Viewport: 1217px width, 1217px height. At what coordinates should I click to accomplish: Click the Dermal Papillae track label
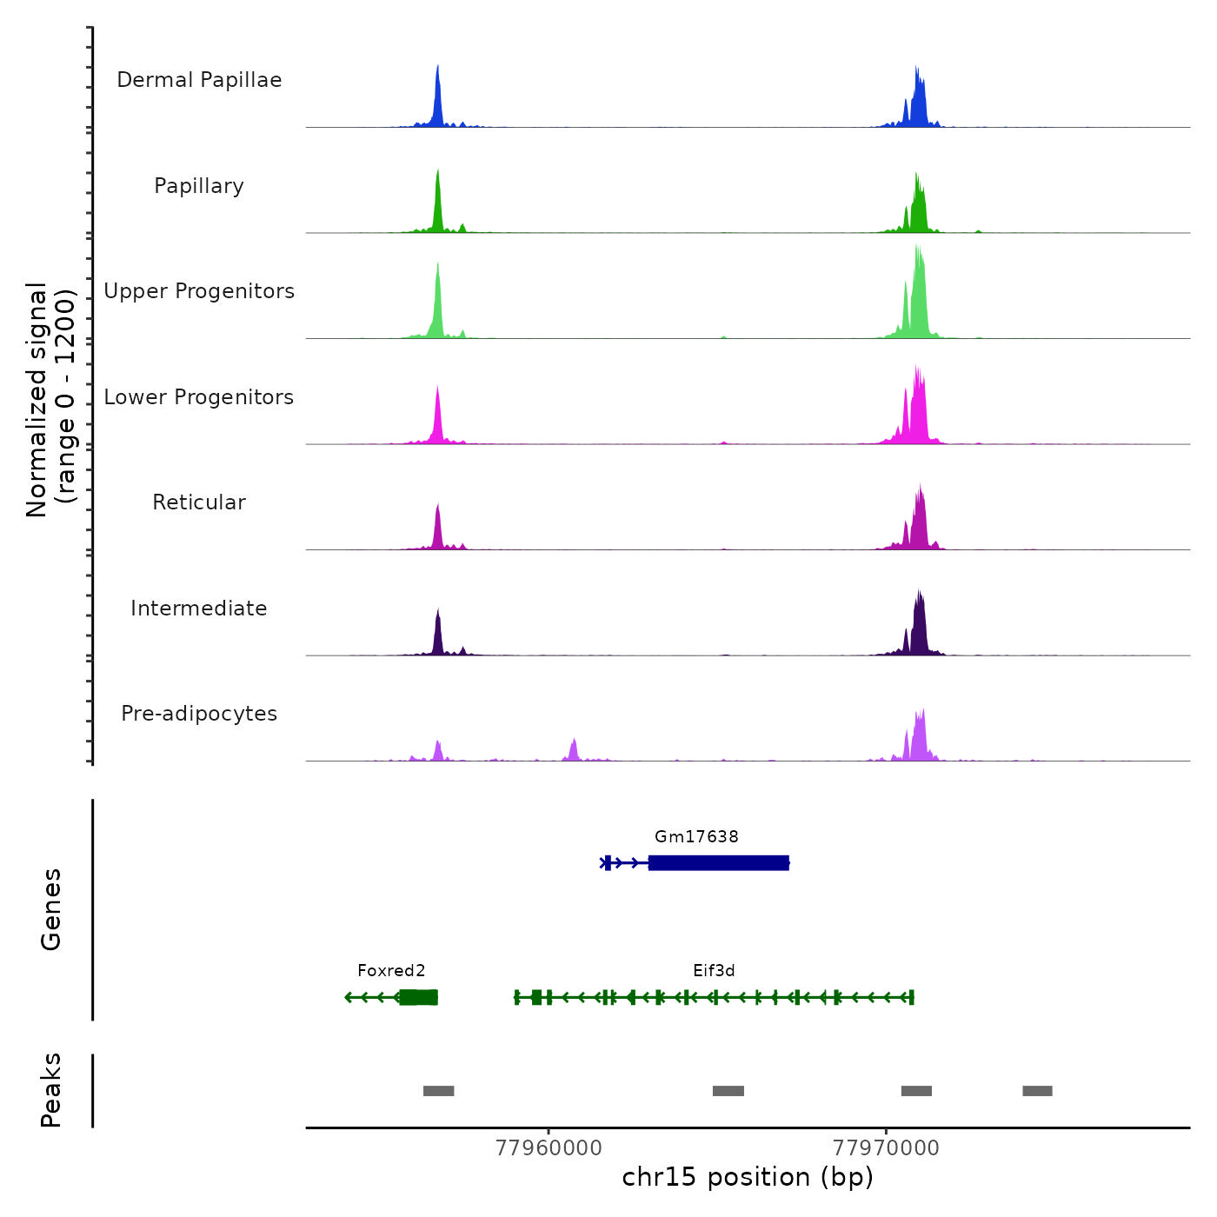pyautogui.click(x=199, y=80)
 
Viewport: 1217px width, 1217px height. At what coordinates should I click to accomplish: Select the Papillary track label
pyautogui.click(x=199, y=186)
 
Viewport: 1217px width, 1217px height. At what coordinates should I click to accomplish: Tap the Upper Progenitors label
pyautogui.click(x=199, y=291)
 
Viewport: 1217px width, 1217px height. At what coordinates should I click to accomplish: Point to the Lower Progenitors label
pyautogui.click(x=199, y=397)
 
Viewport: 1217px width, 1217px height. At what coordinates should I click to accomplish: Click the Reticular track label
pyautogui.click(x=199, y=502)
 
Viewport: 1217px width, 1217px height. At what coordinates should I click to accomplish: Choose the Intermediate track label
pyautogui.click(x=199, y=608)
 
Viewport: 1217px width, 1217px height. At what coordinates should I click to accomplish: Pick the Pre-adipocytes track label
pyautogui.click(x=199, y=714)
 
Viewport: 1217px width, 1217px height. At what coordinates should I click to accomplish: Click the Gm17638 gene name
pyautogui.click(x=696, y=837)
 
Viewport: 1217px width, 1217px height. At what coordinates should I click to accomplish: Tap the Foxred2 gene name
pyautogui.click(x=391, y=971)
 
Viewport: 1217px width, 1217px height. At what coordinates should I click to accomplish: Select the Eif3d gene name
pyautogui.click(x=714, y=971)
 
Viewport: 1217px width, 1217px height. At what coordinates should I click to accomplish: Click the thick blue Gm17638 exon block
pyautogui.click(x=718, y=863)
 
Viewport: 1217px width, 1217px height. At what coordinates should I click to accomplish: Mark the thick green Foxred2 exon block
pyautogui.click(x=418, y=997)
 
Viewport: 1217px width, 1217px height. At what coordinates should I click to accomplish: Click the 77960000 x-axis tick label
pyautogui.click(x=549, y=1148)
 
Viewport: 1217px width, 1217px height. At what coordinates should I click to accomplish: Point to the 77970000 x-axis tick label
pyautogui.click(x=886, y=1148)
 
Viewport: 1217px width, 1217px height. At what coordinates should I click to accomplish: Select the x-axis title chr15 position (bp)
pyautogui.click(x=748, y=1178)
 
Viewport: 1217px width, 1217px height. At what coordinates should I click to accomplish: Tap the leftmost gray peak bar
pyautogui.click(x=438, y=1091)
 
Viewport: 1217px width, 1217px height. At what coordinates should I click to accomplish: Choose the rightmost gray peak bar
pyautogui.click(x=1037, y=1091)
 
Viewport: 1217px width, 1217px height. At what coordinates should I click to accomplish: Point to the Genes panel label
pyautogui.click(x=51, y=909)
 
